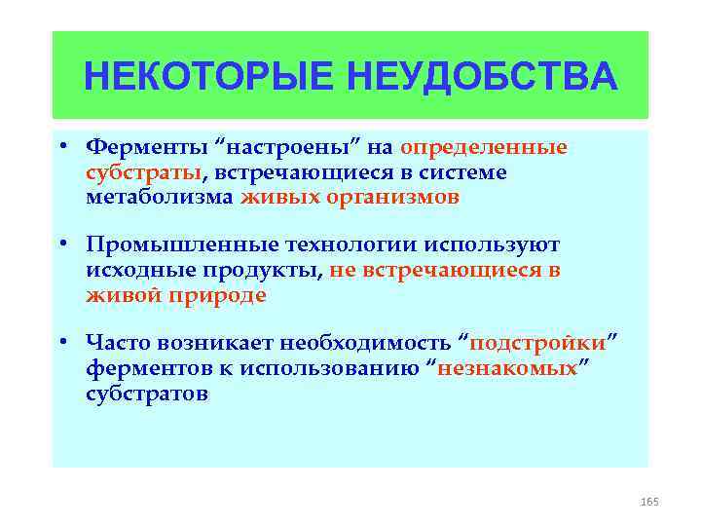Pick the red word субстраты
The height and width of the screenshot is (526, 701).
point(143,172)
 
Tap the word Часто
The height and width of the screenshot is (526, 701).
point(117,344)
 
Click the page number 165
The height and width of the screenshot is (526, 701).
point(649,501)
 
